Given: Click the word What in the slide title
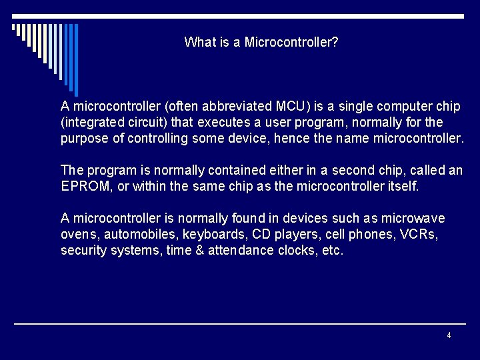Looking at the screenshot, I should pyautogui.click(x=198, y=43).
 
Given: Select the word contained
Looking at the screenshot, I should pyautogui.click(x=221, y=171).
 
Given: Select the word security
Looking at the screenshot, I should pyautogui.click(x=81, y=251).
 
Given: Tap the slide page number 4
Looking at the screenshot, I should pyautogui.click(x=449, y=335).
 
